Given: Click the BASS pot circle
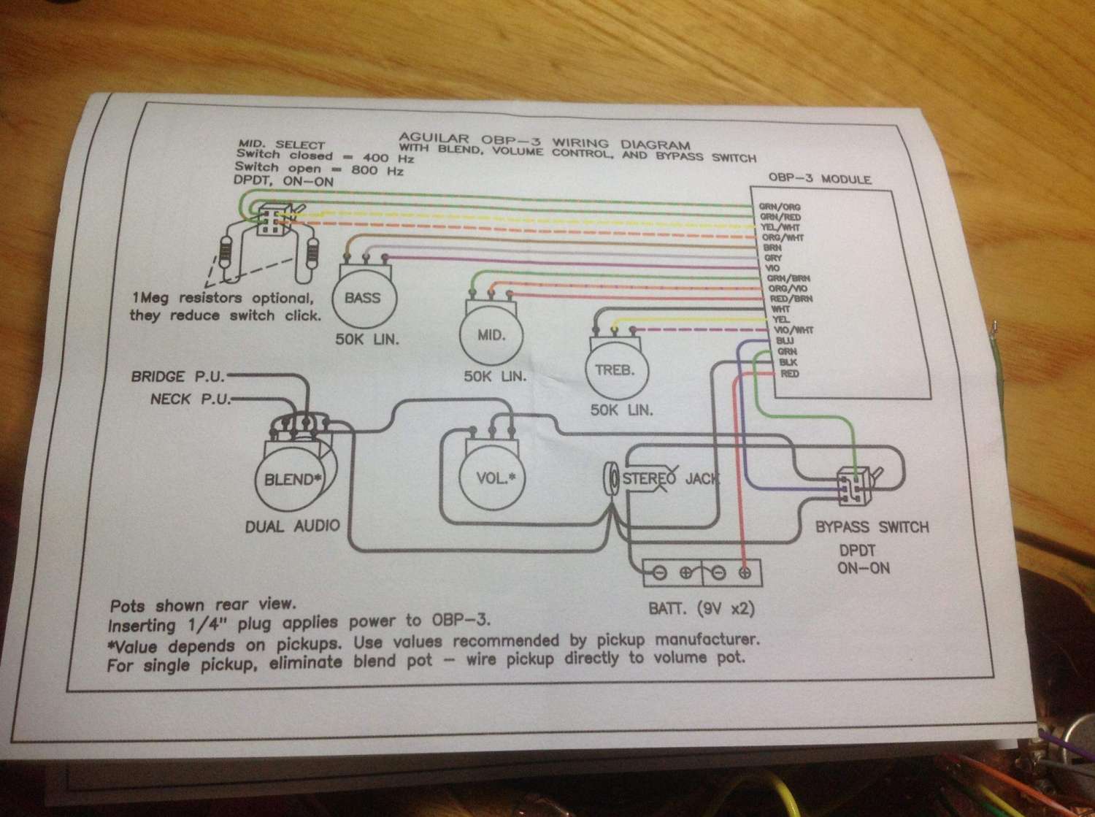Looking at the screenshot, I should point(363,298).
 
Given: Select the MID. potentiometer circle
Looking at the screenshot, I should point(491,335).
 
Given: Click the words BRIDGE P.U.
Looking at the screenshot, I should point(178,377).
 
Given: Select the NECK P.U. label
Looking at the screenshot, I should point(191,399).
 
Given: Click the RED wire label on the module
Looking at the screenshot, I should point(789,374).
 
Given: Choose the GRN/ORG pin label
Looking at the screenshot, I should point(780,207).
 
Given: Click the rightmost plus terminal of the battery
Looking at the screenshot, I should point(745,573).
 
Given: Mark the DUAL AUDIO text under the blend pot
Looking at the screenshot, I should point(293,526).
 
